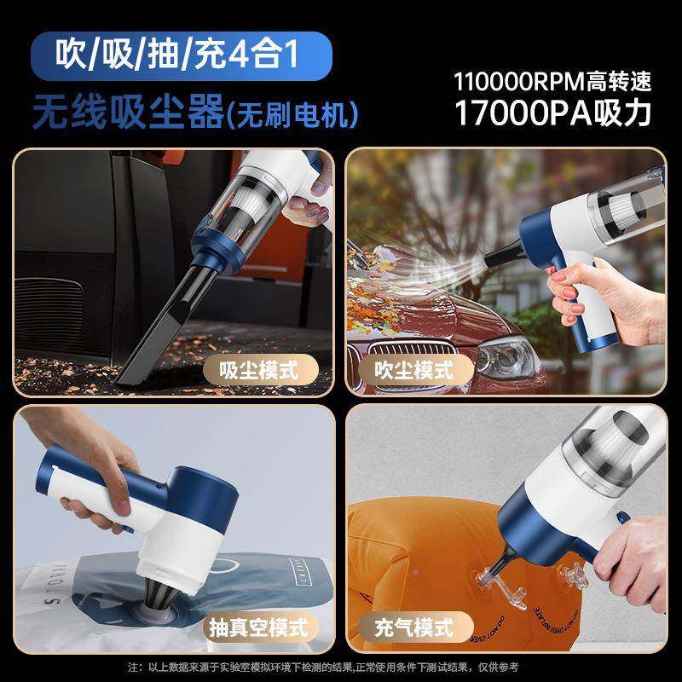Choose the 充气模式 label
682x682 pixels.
click(x=415, y=628)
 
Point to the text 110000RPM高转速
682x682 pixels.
click(x=552, y=81)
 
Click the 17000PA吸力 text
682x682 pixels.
click(x=552, y=113)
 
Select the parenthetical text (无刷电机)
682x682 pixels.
click(x=291, y=113)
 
